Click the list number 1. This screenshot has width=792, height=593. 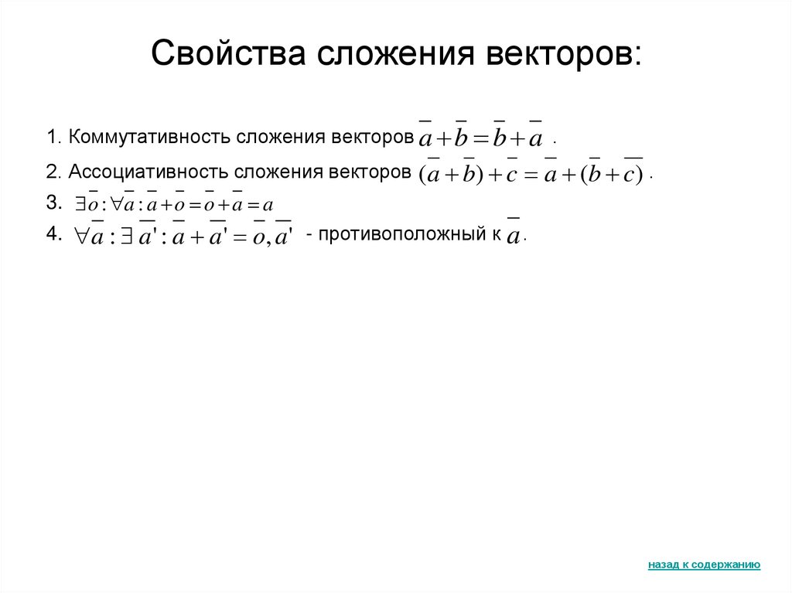tap(52, 137)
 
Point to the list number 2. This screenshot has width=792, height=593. tap(52, 171)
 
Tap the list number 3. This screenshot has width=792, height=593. tap(52, 203)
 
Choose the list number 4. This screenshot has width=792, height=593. tap(52, 235)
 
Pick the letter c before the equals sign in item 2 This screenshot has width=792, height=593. tap(511, 176)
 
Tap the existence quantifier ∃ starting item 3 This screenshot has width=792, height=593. tap(80, 206)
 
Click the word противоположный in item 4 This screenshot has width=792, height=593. tap(407, 235)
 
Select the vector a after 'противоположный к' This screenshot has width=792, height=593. tap(513, 236)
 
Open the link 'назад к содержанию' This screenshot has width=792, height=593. tap(704, 565)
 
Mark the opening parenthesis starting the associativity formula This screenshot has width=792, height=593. tap(422, 176)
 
